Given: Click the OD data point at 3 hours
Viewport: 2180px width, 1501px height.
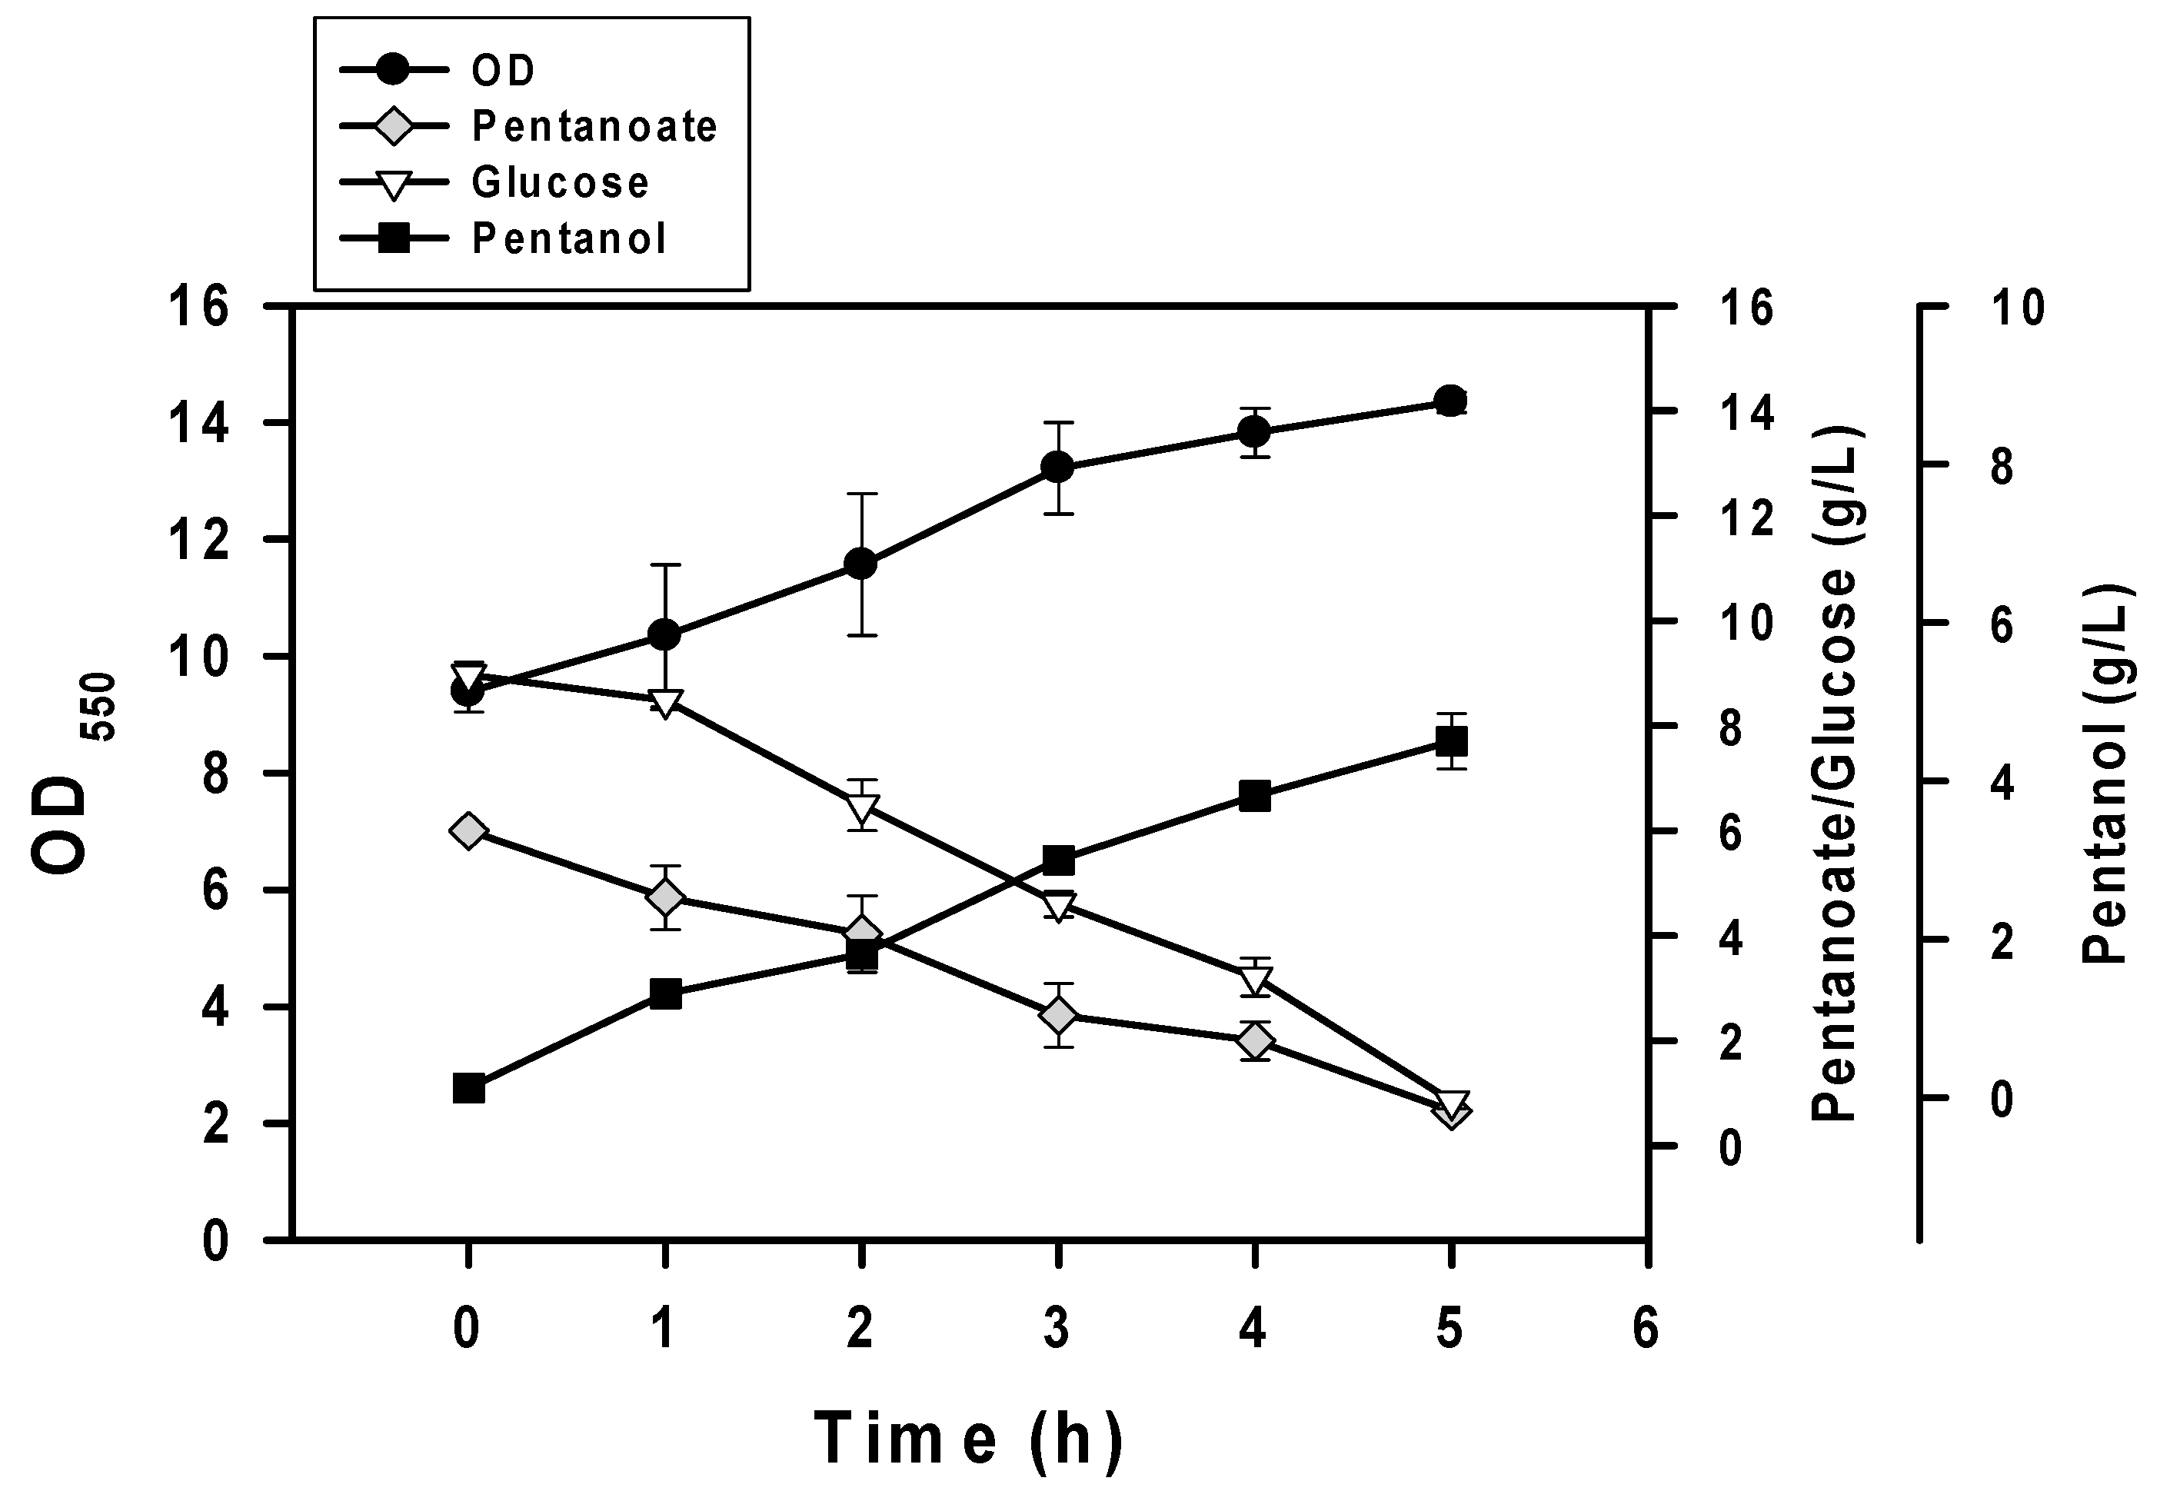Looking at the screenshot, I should point(1058,468).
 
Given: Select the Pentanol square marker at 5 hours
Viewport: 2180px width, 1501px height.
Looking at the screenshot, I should point(1451,742).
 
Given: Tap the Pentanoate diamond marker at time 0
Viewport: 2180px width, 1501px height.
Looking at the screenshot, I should point(468,830).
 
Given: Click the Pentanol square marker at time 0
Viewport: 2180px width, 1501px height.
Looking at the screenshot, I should point(468,1089).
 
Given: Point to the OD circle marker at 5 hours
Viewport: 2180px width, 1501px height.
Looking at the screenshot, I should point(1451,401).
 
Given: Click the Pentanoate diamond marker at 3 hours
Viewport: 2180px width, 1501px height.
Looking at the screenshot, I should point(1058,1016).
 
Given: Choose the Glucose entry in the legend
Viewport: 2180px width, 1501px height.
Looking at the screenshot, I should point(560,182).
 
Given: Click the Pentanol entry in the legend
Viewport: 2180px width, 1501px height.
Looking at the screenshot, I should point(569,239).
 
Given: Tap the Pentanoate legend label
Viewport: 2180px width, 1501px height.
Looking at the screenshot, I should point(594,126).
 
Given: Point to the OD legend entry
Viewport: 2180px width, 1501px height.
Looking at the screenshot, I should point(503,71).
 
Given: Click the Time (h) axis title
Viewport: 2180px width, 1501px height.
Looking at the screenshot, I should point(969,1438).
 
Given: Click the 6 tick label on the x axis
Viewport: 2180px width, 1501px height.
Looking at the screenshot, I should point(1646,1330).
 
